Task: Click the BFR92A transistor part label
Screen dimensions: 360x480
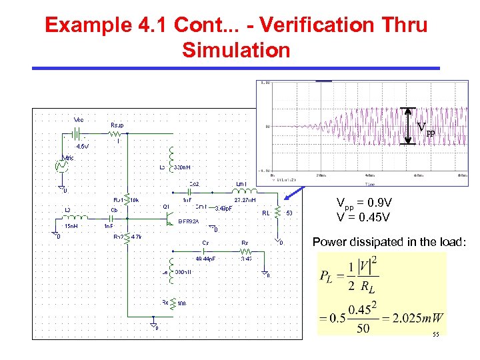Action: pyautogui.click(x=189, y=221)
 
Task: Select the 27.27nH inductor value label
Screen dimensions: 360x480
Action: pyautogui.click(x=245, y=199)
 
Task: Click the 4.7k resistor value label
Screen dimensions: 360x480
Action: pyautogui.click(x=135, y=237)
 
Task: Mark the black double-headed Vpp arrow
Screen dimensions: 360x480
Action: pyautogui.click(x=410, y=126)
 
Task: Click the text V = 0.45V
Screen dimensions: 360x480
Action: pyautogui.click(x=364, y=217)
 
